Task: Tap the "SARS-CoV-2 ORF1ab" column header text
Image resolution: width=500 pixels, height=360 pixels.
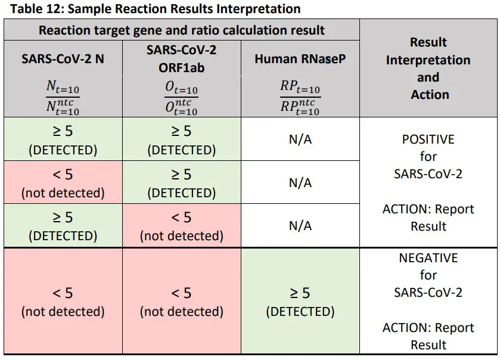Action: tap(181, 58)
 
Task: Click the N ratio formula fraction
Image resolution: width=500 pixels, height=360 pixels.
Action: tap(63, 98)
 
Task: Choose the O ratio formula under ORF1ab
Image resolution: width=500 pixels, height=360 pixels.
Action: tap(181, 98)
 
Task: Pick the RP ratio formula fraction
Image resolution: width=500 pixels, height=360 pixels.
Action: tap(300, 98)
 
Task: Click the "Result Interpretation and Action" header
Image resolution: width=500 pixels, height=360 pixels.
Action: tap(428, 68)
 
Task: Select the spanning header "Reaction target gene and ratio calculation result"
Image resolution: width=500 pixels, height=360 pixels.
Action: tap(181, 30)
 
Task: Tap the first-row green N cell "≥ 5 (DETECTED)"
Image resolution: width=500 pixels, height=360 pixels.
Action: tap(63, 139)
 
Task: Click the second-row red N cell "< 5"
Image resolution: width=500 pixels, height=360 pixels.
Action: tap(63, 182)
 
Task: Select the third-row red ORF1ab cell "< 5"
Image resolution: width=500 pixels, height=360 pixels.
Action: tap(181, 225)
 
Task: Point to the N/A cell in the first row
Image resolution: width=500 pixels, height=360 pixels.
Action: tap(300, 139)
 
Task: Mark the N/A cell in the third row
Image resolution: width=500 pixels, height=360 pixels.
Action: tap(300, 226)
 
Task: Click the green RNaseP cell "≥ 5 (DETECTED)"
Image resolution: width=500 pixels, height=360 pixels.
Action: tap(300, 301)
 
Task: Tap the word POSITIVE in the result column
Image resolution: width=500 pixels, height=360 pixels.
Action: tap(428, 139)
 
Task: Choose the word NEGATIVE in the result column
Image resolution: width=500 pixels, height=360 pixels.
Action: tap(428, 258)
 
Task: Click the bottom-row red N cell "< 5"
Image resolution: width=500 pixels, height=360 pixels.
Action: tap(63, 301)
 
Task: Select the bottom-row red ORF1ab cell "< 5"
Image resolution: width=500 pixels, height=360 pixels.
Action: tap(181, 301)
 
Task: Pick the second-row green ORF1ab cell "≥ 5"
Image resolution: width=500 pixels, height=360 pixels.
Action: tap(181, 182)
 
